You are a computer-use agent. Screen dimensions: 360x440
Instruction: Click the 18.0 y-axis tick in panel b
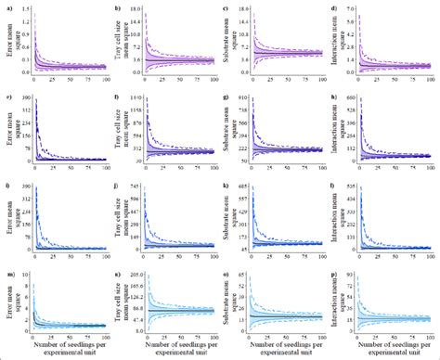coord(136,7)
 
